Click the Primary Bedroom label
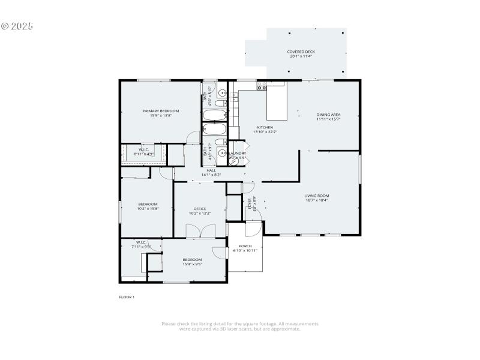tap(160, 111)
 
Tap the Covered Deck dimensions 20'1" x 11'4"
tap(301, 57)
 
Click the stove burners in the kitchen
tap(262, 87)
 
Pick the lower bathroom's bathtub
tap(214, 130)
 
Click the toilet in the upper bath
tap(220, 103)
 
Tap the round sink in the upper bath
tap(221, 93)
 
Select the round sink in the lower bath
tap(221, 152)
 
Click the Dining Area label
tap(328, 115)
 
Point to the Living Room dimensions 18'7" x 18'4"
tap(316, 200)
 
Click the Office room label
tap(199, 209)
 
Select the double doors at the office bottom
tap(199, 231)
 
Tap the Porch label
tap(245, 246)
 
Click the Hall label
tap(211, 170)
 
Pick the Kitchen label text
tap(265, 127)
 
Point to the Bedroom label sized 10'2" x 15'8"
tap(148, 204)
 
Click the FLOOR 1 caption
tap(127, 297)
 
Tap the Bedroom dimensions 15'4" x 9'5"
tap(192, 264)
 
